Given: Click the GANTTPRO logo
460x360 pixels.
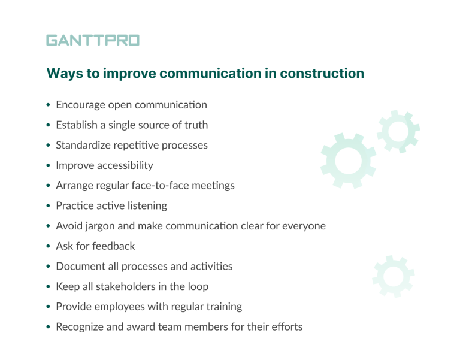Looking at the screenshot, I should (93, 40).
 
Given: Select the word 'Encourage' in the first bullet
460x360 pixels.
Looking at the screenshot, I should (80, 105).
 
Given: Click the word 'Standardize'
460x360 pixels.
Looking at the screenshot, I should (84, 145).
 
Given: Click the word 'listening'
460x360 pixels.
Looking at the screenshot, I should (147, 205).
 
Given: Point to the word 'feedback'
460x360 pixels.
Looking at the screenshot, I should (114, 246).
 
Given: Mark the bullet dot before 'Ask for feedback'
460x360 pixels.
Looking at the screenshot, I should (48, 246).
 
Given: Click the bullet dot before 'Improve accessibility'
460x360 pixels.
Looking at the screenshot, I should (48, 166).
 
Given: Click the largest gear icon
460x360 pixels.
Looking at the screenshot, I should (347, 160).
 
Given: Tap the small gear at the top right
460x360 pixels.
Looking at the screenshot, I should (397, 131).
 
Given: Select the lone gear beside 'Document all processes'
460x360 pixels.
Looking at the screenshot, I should (393, 276).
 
